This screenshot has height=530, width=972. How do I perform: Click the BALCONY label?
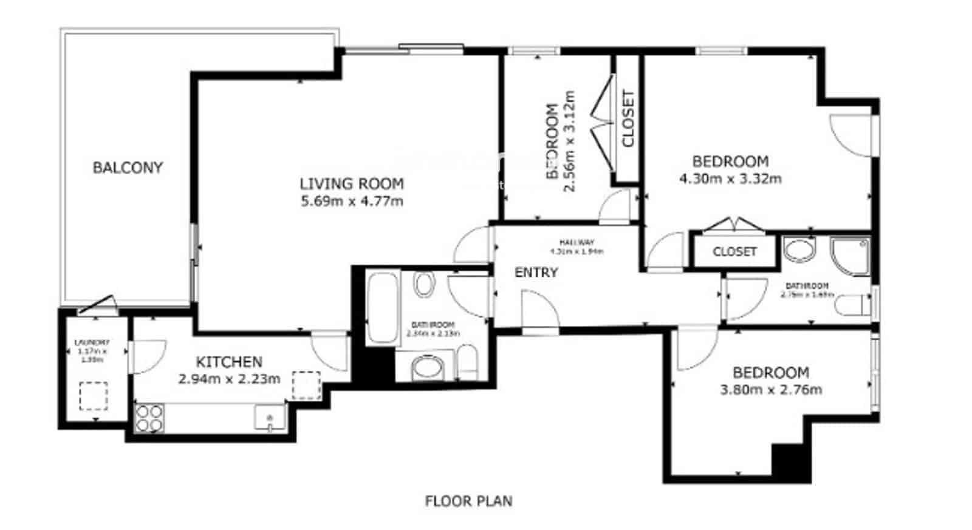pyautogui.click(x=128, y=168)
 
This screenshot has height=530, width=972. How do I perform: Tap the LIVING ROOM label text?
pyautogui.click(x=352, y=183)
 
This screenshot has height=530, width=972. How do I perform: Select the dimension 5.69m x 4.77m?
pyautogui.click(x=352, y=201)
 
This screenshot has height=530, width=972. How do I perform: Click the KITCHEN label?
pyautogui.click(x=229, y=362)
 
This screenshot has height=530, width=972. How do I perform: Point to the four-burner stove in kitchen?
pyautogui.click(x=149, y=418)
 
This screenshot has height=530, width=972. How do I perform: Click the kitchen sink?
pyautogui.click(x=270, y=418)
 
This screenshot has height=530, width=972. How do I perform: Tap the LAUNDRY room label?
pyautogui.click(x=92, y=343)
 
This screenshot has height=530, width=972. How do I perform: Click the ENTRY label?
pyautogui.click(x=536, y=273)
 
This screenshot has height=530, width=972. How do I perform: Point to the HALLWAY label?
pyautogui.click(x=577, y=242)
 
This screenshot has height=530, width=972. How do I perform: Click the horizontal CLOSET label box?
pyautogui.click(x=734, y=251)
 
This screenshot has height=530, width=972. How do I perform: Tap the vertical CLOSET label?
pyautogui.click(x=628, y=118)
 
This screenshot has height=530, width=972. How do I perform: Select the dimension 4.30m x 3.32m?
pyautogui.click(x=730, y=178)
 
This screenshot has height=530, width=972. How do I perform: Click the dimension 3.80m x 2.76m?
pyautogui.click(x=771, y=390)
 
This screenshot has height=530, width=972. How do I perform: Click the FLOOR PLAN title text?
pyautogui.click(x=468, y=501)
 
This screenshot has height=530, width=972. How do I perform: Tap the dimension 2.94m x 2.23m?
pyautogui.click(x=229, y=379)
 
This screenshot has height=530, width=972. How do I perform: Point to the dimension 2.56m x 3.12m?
pyautogui.click(x=569, y=141)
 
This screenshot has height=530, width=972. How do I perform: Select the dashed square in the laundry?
pyautogui.click(x=93, y=396)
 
